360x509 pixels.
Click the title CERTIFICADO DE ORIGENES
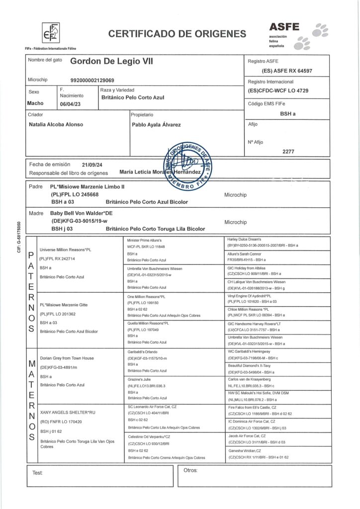tap(177, 34)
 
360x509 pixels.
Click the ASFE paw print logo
tap(315, 34)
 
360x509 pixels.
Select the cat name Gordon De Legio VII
tap(112, 62)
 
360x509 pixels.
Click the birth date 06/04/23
tap(70, 103)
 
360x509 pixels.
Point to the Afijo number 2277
tap(288, 152)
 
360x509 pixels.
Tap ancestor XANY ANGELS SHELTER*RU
tap(65, 414)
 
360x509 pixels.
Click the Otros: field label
tap(191, 470)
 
